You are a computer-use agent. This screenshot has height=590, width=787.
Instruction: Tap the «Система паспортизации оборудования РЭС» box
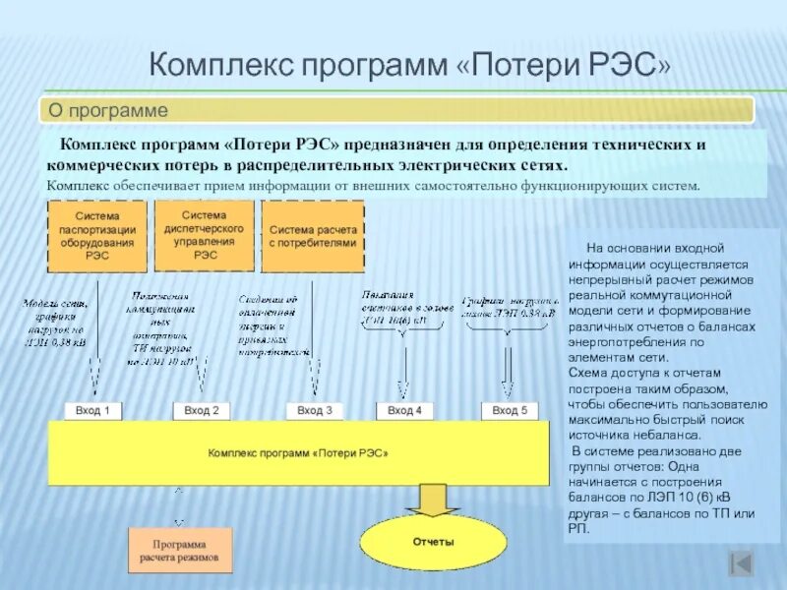pos(97,236)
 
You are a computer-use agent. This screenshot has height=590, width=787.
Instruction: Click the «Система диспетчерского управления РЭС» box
pos(205,235)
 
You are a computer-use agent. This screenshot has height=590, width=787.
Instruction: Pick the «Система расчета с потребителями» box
pos(313,236)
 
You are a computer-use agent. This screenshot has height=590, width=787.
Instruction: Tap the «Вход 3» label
pos(315,410)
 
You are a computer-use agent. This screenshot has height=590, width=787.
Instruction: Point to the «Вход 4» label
pos(404,410)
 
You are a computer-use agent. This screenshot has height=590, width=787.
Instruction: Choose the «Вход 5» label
pos(510,410)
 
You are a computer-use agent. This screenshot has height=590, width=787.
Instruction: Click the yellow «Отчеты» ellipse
pos(433,542)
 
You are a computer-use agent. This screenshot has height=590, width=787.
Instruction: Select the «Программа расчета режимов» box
pos(180,551)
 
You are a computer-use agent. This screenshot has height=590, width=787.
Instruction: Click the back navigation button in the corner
pos(741,563)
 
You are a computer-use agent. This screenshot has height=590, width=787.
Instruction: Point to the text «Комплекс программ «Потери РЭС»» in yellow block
pos(298,454)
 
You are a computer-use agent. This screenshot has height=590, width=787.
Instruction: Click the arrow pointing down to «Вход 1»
pos(95,374)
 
